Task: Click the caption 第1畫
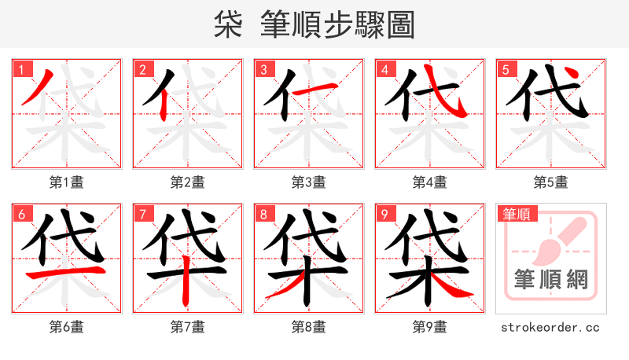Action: [66, 182]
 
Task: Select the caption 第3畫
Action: [308, 182]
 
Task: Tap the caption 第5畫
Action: [550, 182]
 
